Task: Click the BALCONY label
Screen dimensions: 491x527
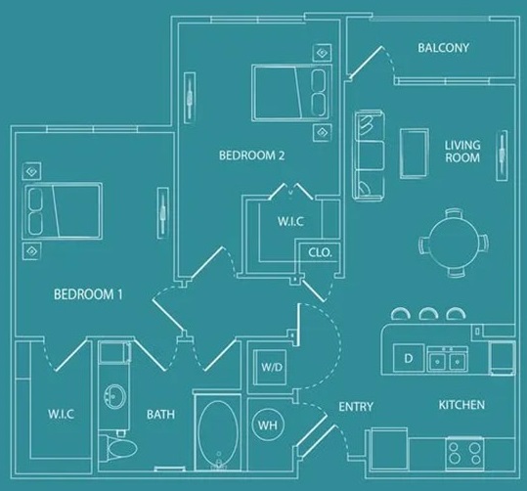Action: pyautogui.click(x=443, y=48)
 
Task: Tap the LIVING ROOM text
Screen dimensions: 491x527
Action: pyautogui.click(x=462, y=151)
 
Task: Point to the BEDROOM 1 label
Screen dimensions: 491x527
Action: pyautogui.click(x=87, y=294)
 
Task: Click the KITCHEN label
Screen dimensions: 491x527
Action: pyautogui.click(x=461, y=404)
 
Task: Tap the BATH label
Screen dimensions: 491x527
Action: pyautogui.click(x=160, y=414)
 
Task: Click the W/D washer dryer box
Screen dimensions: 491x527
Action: pyautogui.click(x=270, y=368)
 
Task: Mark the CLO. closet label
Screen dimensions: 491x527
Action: pyautogui.click(x=320, y=251)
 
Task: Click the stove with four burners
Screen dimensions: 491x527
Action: pyautogui.click(x=465, y=451)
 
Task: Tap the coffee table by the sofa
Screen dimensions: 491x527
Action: pyautogui.click(x=415, y=156)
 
